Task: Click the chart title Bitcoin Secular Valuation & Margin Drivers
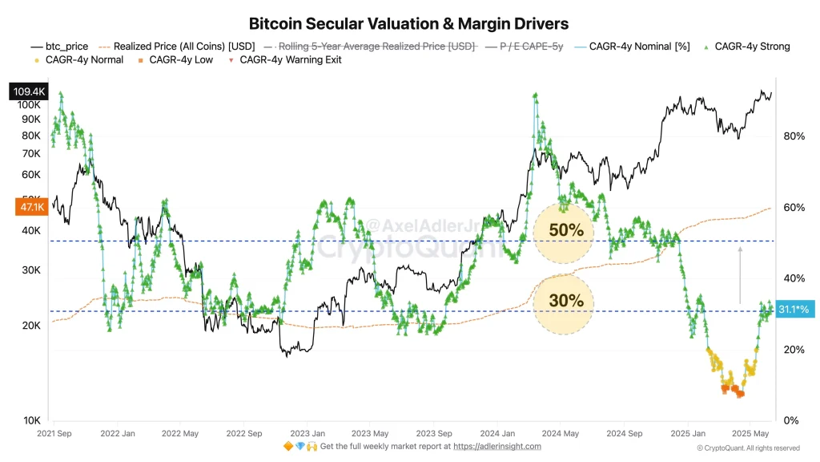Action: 409,24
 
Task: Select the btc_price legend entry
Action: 60,47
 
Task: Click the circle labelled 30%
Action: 565,302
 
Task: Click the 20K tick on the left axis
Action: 30,326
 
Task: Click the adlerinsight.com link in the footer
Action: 498,446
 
